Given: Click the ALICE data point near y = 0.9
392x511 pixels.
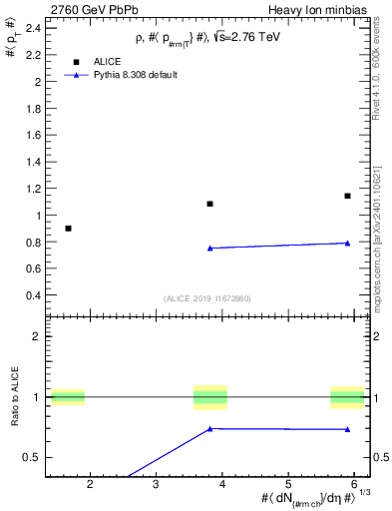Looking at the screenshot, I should pyautogui.click(x=68, y=229).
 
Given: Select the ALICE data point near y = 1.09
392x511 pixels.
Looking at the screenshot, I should pyautogui.click(x=209, y=204).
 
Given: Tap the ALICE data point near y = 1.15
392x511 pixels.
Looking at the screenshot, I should pyautogui.click(x=347, y=196).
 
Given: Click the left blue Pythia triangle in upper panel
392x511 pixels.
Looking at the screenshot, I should pyautogui.click(x=209, y=248).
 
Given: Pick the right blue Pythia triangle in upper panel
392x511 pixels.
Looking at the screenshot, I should pyautogui.click(x=347, y=243).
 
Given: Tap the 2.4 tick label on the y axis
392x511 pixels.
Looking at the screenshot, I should pyautogui.click(x=33, y=27).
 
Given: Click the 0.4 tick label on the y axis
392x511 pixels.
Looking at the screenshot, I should pyautogui.click(x=33, y=295).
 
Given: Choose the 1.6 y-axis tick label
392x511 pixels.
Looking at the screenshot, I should pyautogui.click(x=33, y=135).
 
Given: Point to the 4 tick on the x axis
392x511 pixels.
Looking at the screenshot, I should pyautogui.click(x=222, y=484).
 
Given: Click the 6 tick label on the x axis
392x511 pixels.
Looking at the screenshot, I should pyautogui.click(x=354, y=484).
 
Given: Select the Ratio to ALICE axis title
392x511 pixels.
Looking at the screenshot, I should pyautogui.click(x=14, y=398).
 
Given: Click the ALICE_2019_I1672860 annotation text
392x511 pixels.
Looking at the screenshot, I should pyautogui.click(x=207, y=298).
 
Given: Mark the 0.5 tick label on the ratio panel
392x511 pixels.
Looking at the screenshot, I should pyautogui.click(x=33, y=457).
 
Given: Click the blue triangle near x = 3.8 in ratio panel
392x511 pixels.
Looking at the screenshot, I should pyautogui.click(x=209, y=428).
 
